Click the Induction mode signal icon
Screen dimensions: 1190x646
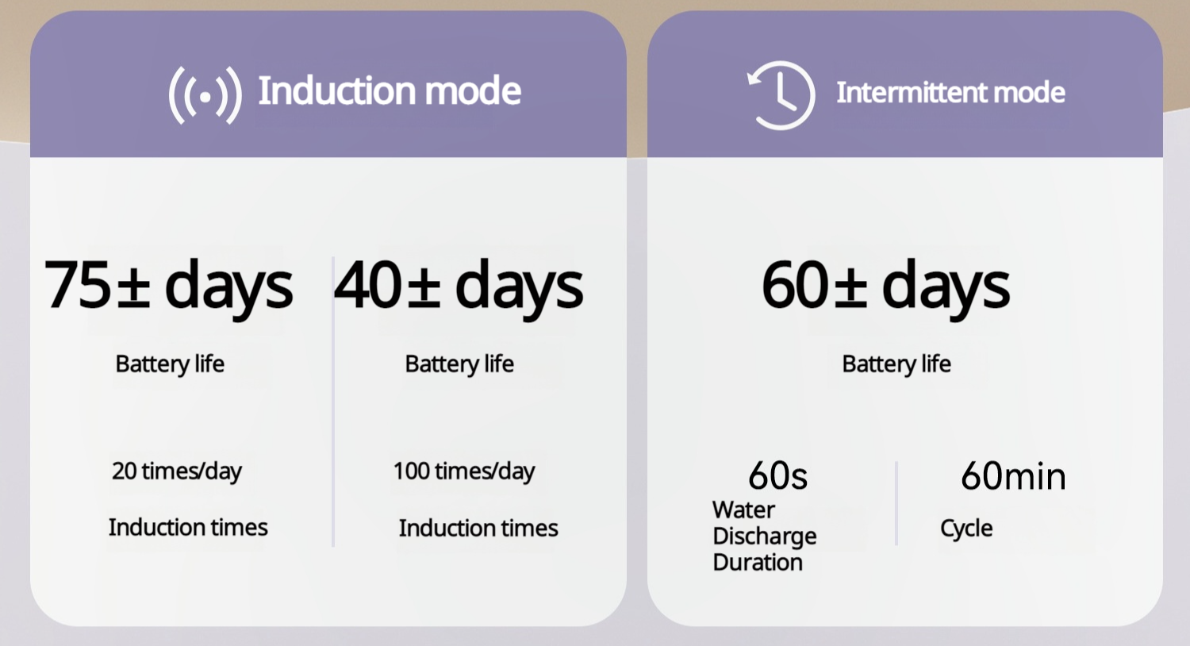tap(205, 95)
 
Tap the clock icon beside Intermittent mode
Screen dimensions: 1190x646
tap(781, 94)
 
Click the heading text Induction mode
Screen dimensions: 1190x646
tap(390, 90)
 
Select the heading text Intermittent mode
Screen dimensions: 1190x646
tap(950, 92)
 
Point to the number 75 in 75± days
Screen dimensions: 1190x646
tap(78, 285)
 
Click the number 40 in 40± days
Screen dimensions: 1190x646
tap(367, 285)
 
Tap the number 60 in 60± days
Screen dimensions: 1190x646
tap(795, 285)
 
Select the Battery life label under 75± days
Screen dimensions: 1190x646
tap(170, 364)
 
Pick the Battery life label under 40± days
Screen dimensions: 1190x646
tap(459, 364)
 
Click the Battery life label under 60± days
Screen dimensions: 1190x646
tap(896, 364)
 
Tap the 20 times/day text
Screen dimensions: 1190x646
tap(176, 471)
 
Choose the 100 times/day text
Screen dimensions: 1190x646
tap(464, 471)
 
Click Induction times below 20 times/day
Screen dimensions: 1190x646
tap(188, 528)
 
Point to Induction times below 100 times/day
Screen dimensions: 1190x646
tap(478, 528)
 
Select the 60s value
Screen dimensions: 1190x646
tap(777, 475)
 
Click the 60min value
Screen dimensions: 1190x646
tap(1013, 475)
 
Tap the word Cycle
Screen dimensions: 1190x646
tap(966, 529)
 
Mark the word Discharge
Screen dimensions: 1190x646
tap(765, 536)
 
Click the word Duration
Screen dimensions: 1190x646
tap(758, 562)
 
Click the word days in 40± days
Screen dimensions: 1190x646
tap(519, 287)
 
